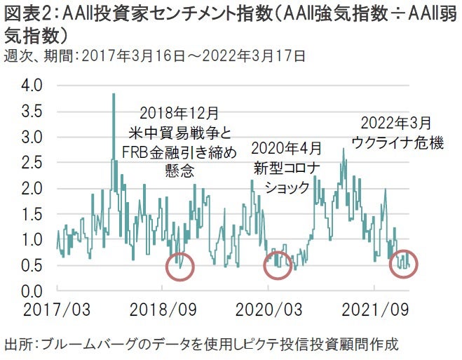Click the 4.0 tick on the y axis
coord(32,86)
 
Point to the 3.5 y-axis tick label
coord(32,112)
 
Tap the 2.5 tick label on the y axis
coord(32,164)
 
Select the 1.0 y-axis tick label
coord(32,240)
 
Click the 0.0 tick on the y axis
coord(32,291)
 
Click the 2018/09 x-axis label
coord(162,309)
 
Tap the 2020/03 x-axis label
coord(269,309)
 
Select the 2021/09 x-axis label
coord(375,309)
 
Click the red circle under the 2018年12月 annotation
coord(181,266)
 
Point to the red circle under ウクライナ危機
coord(403,265)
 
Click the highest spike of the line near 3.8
coord(114,95)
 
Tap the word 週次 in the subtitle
coord(18,54)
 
